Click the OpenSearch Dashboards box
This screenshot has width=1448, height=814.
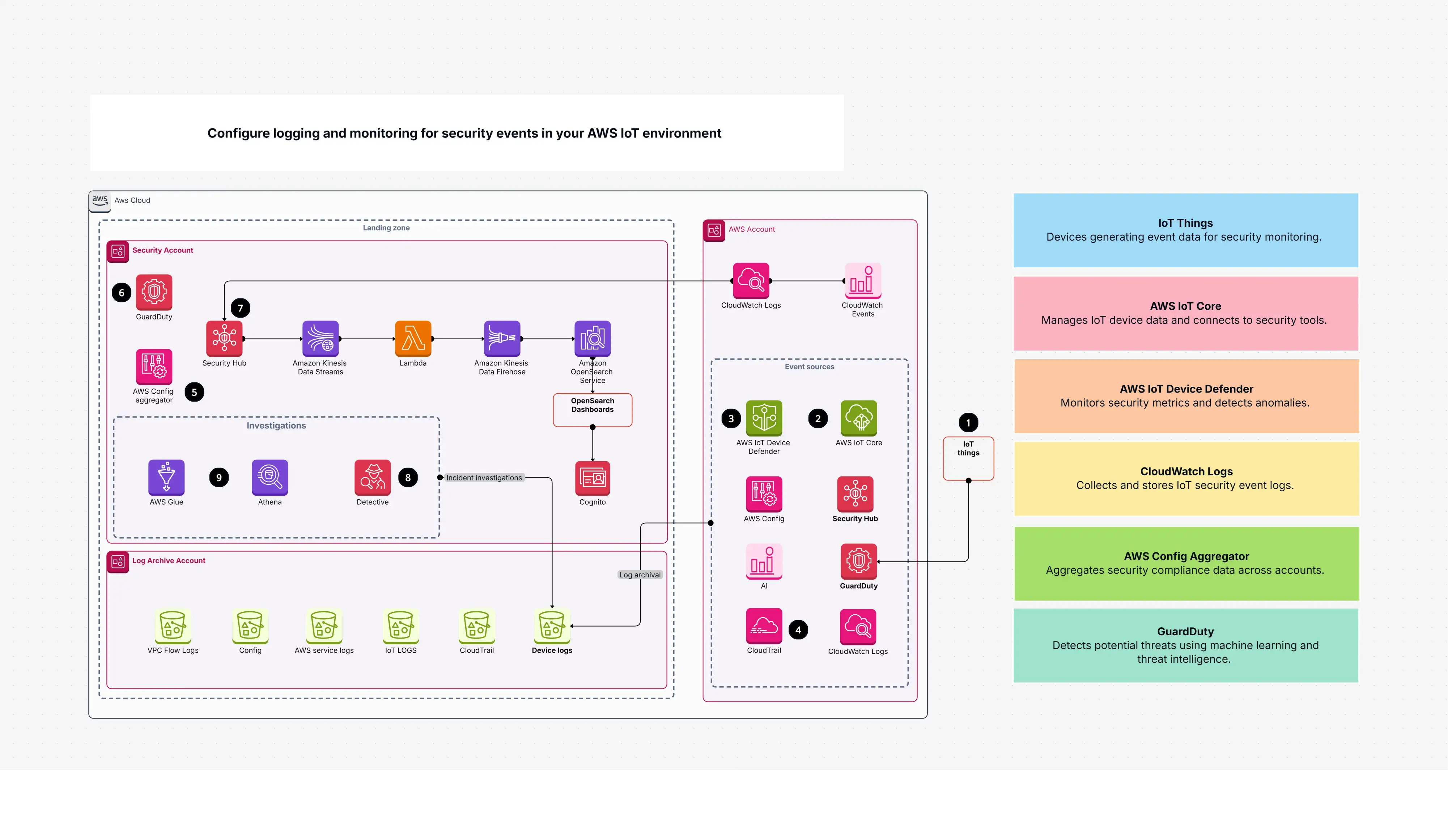593,410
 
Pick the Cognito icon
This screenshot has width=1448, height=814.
593,478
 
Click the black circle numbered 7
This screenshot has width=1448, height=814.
241,308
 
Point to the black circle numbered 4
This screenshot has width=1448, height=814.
798,629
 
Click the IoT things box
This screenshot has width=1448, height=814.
968,458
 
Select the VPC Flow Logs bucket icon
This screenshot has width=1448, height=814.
173,626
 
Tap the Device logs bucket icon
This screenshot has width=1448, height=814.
551,626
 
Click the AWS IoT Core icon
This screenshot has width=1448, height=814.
858,418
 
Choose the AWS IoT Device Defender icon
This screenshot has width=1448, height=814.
764,418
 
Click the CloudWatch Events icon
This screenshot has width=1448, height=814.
863,280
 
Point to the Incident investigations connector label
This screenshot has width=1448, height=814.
484,478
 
